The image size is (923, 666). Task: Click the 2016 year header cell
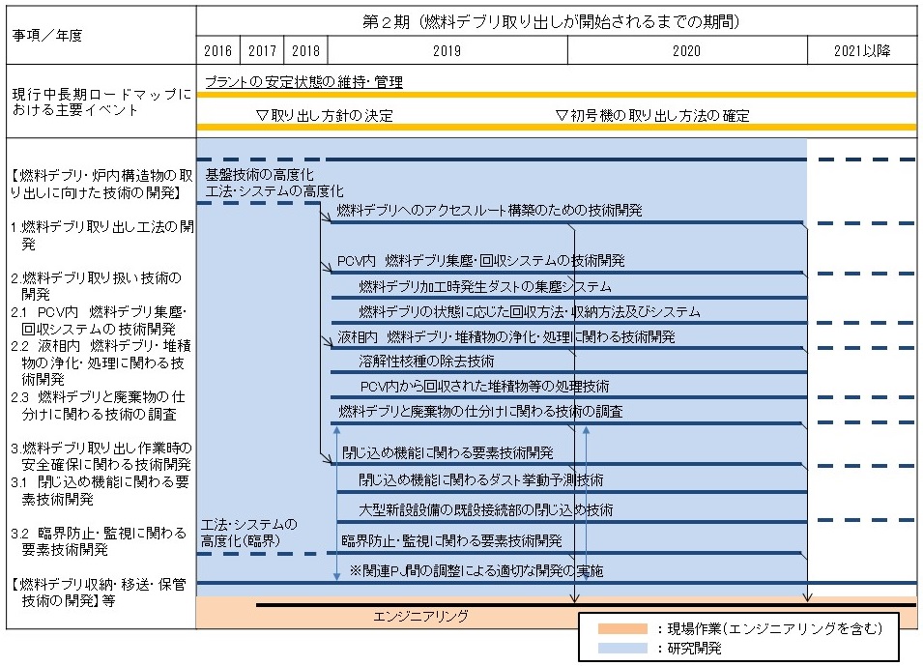click(217, 50)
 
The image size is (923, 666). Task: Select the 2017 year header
click(262, 50)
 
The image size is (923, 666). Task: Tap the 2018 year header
click(305, 50)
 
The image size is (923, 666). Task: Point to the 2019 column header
click(447, 50)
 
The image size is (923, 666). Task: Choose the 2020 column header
click(687, 50)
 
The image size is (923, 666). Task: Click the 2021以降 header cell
click(862, 50)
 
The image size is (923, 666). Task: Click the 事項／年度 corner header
click(47, 36)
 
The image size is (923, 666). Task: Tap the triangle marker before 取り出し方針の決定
click(263, 115)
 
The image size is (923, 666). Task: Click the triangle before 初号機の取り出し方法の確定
click(562, 115)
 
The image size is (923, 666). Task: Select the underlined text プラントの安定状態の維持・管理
click(303, 82)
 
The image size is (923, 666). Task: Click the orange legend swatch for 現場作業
click(622, 629)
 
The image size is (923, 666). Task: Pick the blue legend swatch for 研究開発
click(622, 649)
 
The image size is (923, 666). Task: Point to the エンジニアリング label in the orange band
click(420, 616)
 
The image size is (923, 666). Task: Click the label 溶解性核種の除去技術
click(426, 361)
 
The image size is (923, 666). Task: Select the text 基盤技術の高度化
click(260, 174)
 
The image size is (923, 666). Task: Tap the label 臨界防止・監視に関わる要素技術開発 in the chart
click(451, 540)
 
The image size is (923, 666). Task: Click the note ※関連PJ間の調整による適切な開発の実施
click(476, 570)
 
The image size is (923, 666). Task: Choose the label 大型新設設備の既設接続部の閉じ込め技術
click(485, 509)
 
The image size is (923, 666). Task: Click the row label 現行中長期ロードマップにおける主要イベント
click(101, 101)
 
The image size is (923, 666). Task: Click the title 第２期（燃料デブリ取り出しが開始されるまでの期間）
click(550, 22)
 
